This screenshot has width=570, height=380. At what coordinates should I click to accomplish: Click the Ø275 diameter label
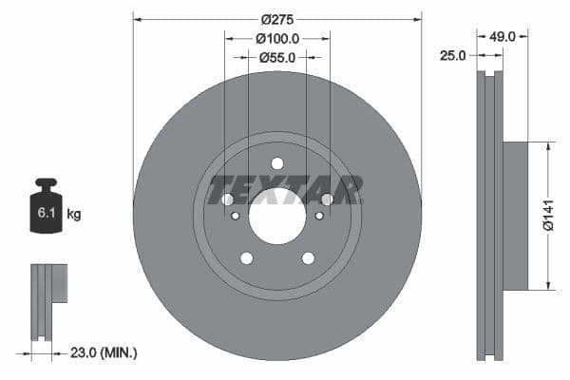277,19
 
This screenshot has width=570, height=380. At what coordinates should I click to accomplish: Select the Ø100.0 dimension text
277,39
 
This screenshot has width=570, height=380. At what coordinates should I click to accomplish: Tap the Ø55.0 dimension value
277,57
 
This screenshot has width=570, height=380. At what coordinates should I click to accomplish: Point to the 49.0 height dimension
502,36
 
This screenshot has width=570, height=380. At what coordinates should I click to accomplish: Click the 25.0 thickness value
454,55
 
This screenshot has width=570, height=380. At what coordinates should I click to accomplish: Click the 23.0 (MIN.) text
104,352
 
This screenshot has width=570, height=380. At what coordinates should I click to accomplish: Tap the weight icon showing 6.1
46,206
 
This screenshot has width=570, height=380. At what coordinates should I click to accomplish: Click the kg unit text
73,214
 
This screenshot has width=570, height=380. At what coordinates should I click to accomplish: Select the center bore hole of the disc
277,221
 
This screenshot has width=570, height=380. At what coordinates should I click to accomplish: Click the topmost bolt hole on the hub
277,163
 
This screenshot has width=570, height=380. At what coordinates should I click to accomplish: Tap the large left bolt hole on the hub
228,199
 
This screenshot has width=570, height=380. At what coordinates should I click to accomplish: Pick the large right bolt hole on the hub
327,199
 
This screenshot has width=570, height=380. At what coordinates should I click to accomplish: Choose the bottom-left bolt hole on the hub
247,258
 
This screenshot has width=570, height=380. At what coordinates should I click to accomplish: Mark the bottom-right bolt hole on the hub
308,258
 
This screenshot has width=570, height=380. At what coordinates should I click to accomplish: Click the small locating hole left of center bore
236,216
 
